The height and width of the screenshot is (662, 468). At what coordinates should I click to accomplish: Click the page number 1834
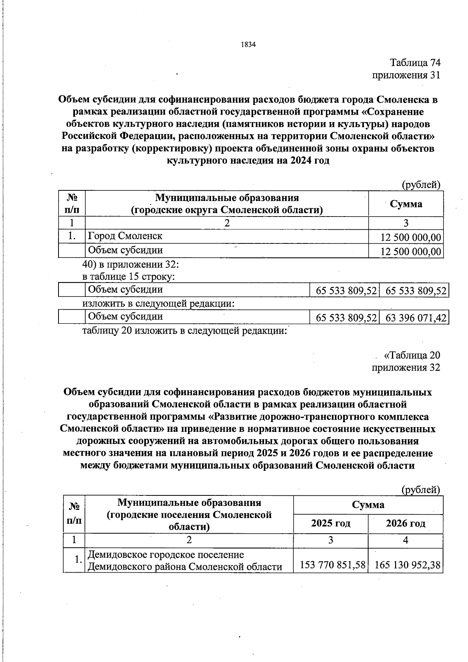click(x=248, y=45)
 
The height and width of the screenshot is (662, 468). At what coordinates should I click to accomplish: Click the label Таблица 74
click(x=415, y=62)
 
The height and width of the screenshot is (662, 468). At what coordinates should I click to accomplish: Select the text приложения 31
click(x=406, y=75)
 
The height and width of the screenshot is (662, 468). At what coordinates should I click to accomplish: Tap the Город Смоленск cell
click(x=125, y=236)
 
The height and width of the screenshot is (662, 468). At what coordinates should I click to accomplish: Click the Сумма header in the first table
click(x=406, y=204)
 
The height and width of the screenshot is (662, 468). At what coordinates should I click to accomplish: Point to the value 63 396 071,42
click(x=415, y=318)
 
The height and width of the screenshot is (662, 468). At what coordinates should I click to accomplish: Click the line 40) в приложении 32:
click(x=131, y=264)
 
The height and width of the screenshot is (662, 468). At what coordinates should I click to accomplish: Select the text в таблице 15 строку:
click(x=128, y=277)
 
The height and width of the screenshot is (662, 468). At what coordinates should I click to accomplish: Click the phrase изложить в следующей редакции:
click(x=158, y=303)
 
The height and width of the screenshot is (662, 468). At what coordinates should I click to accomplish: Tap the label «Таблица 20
click(x=412, y=355)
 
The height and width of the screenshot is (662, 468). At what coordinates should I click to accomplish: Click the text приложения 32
click(x=406, y=367)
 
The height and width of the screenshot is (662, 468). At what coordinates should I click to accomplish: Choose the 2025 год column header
click(x=331, y=524)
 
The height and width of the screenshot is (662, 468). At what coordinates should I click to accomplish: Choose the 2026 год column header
click(x=406, y=524)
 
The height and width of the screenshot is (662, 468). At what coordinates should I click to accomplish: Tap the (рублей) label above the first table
click(x=421, y=185)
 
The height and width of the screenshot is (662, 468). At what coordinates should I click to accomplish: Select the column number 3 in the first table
click(x=406, y=223)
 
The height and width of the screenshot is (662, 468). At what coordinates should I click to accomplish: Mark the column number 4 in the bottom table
click(x=406, y=540)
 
